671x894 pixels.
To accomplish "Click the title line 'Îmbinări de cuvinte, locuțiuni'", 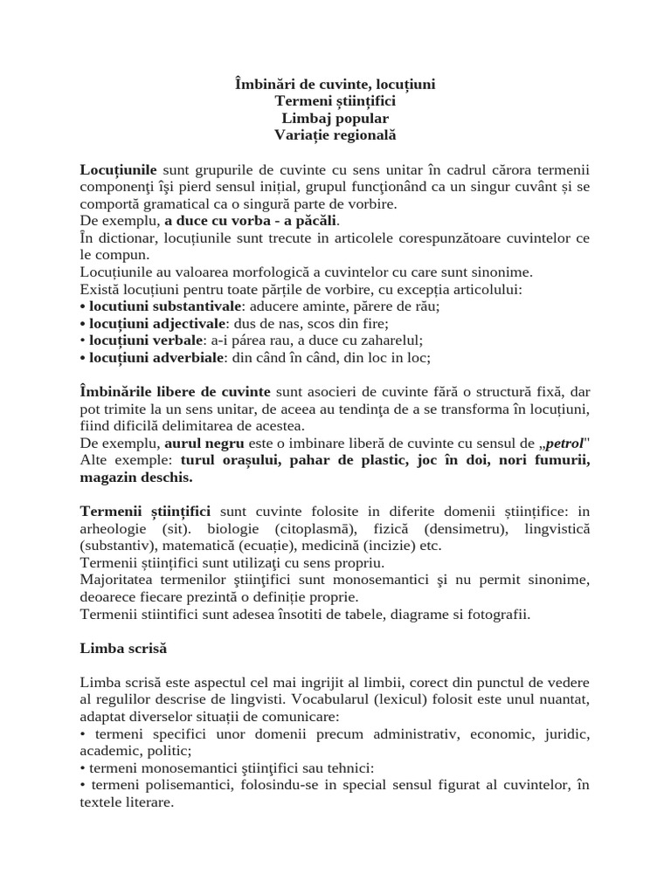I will point(335,84).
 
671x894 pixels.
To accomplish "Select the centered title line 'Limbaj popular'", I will point(335,118).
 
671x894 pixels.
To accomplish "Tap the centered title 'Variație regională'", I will point(335,135).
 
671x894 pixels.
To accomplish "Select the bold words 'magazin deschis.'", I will point(136,478).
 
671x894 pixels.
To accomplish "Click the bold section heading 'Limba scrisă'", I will point(123,649).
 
